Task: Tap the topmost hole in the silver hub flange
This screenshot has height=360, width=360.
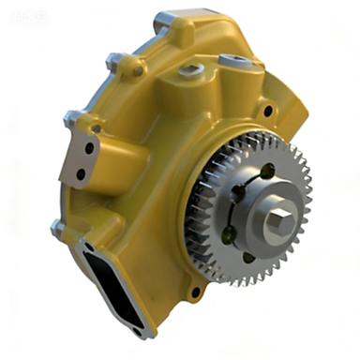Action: (266, 172)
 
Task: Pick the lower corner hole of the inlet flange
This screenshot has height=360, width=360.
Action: (138, 329)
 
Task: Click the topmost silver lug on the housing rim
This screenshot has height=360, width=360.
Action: (161, 17)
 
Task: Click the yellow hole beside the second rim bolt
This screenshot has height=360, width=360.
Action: (138, 69)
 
